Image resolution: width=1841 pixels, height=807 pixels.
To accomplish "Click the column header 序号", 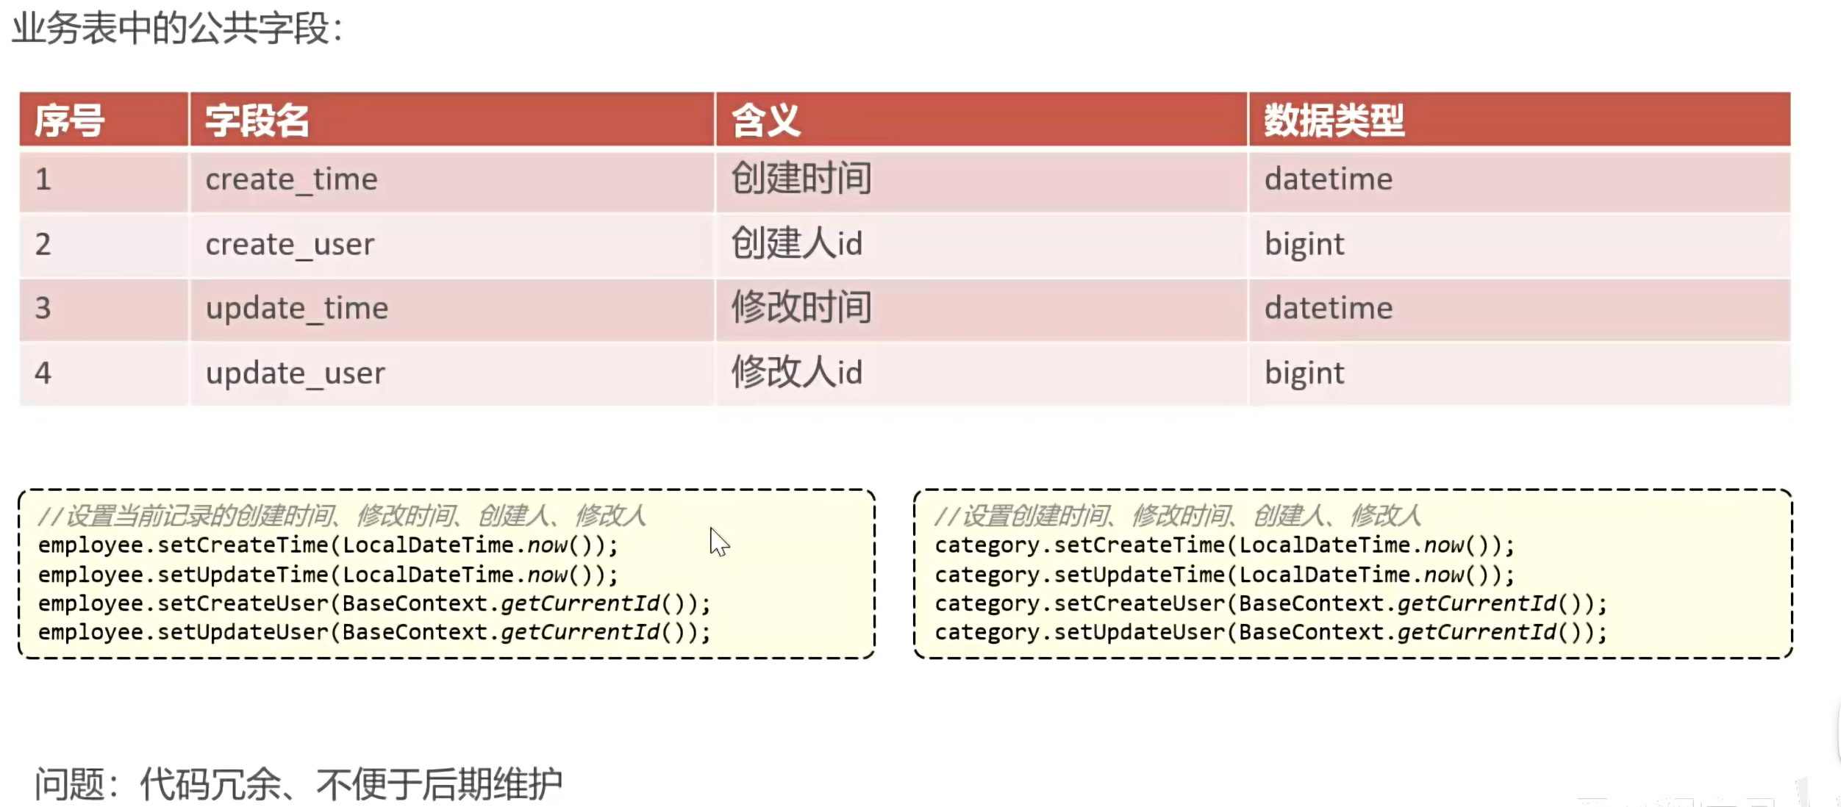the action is (x=70, y=120).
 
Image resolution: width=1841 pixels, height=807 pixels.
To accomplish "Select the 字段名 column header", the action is (x=257, y=120).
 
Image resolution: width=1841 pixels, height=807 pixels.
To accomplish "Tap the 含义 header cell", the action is (x=765, y=120).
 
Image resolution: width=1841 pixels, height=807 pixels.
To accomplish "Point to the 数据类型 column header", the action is (x=1334, y=120).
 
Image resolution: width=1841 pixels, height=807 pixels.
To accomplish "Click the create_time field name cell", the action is (x=291, y=179).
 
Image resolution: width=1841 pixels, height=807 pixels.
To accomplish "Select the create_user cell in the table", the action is (x=290, y=244).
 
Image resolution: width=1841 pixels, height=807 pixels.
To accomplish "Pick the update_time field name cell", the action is (x=296, y=308).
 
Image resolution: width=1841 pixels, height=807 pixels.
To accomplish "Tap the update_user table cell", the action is (x=295, y=373).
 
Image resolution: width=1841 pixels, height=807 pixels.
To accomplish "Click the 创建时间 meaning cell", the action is (x=801, y=179).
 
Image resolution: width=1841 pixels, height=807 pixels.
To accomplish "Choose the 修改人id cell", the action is (x=796, y=372).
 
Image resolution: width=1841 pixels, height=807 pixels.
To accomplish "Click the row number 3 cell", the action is (x=43, y=308).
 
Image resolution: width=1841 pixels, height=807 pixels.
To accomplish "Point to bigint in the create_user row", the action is (x=1304, y=244).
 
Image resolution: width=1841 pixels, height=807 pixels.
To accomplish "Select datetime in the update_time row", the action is (x=1328, y=308).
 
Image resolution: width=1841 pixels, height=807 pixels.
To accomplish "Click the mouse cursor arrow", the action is (x=718, y=542).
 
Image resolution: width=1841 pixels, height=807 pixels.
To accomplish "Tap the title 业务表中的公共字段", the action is (x=176, y=29).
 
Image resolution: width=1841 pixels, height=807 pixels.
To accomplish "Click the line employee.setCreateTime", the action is (x=328, y=545).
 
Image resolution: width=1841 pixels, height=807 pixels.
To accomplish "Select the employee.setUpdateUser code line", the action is (x=373, y=632).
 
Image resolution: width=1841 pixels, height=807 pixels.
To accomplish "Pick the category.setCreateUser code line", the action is (x=1270, y=603).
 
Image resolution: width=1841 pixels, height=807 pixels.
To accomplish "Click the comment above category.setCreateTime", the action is (x=1176, y=516).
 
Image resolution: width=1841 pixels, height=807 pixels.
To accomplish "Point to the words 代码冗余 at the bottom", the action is (x=210, y=783).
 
